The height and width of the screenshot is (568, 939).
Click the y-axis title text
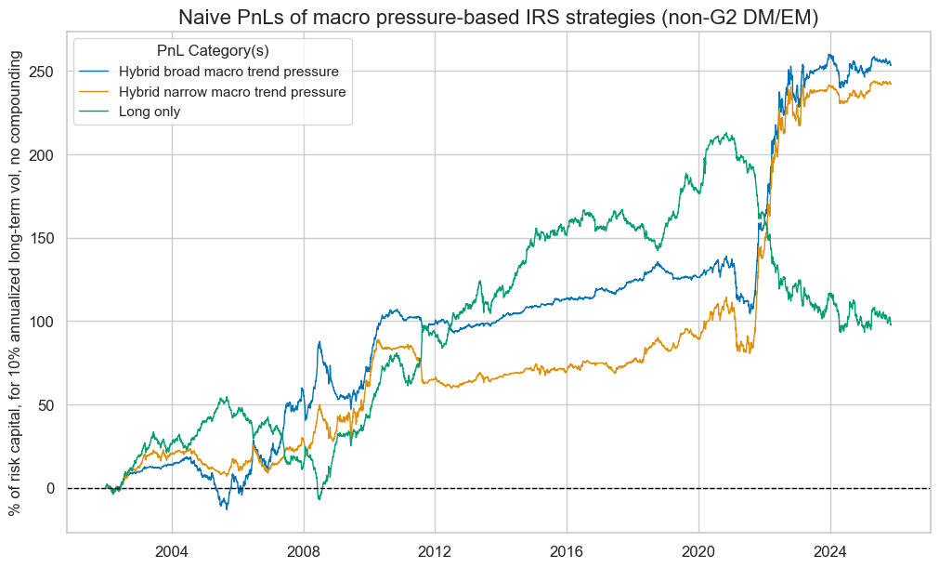16,283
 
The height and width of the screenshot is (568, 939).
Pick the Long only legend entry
156,112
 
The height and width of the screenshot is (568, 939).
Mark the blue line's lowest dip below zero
224,508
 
